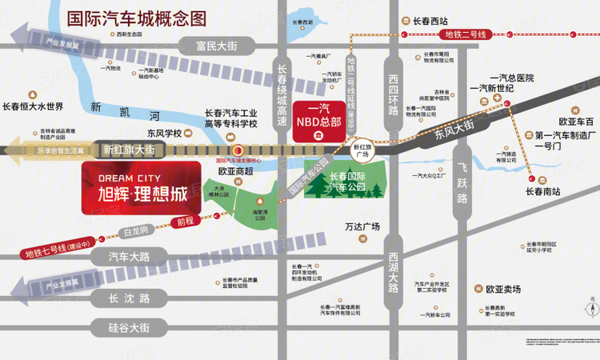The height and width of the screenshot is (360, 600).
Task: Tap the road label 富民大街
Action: point(216,46)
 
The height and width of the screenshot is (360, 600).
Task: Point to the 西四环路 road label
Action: point(393,95)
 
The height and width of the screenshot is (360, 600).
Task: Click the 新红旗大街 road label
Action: point(128,149)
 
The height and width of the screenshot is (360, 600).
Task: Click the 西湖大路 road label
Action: point(393,272)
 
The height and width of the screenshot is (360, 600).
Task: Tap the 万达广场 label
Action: point(362,226)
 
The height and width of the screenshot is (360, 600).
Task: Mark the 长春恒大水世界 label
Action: point(33,106)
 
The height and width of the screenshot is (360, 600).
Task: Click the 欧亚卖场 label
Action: point(502,289)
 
